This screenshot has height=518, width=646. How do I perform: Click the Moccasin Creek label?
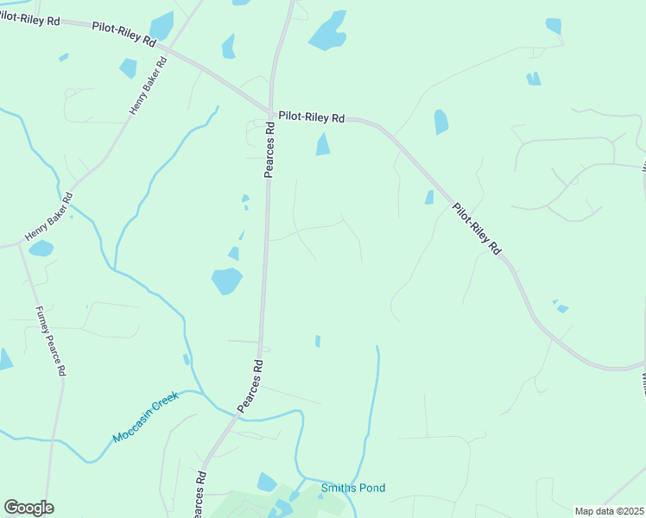pyautogui.click(x=145, y=417)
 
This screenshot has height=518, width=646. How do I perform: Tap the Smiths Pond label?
pyautogui.click(x=352, y=488)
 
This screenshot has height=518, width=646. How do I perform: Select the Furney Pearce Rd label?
pyautogui.click(x=51, y=340)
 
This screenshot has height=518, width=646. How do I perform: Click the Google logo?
pyautogui.click(x=28, y=508)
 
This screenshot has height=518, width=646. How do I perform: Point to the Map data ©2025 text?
pyautogui.click(x=609, y=511)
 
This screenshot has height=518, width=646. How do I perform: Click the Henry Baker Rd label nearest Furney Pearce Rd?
pyautogui.click(x=49, y=217)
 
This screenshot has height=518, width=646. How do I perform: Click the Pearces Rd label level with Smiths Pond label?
pyautogui.click(x=200, y=495)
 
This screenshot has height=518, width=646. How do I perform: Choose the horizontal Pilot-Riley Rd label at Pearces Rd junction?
pyautogui.click(x=312, y=117)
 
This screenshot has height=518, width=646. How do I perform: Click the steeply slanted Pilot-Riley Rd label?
pyautogui.click(x=476, y=228)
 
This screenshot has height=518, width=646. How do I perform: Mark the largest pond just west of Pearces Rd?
pyautogui.click(x=227, y=280)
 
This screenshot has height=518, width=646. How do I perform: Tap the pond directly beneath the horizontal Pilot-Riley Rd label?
pyautogui.click(x=323, y=144)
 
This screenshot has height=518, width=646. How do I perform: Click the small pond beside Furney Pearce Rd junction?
pyautogui.click(x=41, y=249)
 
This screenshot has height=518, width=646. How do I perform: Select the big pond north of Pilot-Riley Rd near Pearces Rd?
pyautogui.click(x=328, y=31)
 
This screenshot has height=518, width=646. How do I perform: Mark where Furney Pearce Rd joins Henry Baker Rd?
pyautogui.click(x=21, y=244)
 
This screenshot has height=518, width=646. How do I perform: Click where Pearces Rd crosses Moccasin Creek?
pyautogui.click(x=234, y=415)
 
